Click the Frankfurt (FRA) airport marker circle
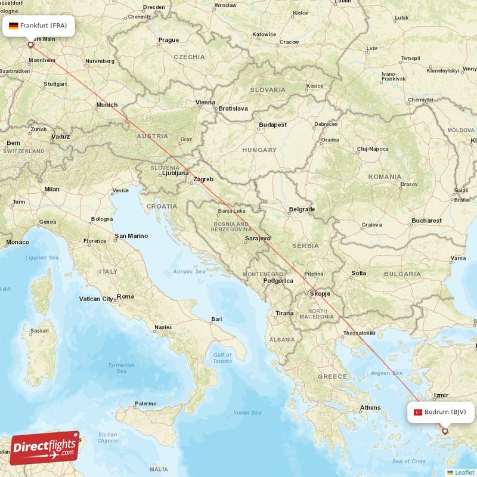[31, 44]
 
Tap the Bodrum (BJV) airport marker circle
[444, 430]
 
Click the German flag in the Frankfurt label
[13, 26]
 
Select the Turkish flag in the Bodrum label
[417, 412]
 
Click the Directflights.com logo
[45, 448]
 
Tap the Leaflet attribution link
[464, 472]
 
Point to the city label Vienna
[206, 103]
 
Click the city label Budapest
[272, 125]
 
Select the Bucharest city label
[426, 221]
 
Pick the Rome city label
[125, 296]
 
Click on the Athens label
[370, 408]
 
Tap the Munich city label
[107, 105]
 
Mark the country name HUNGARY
[259, 150]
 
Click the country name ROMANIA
[385, 176]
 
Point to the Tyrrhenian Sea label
[121, 367]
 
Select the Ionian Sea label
[248, 413]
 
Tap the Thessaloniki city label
[359, 333]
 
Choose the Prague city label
[168, 40]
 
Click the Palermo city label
[145, 404]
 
